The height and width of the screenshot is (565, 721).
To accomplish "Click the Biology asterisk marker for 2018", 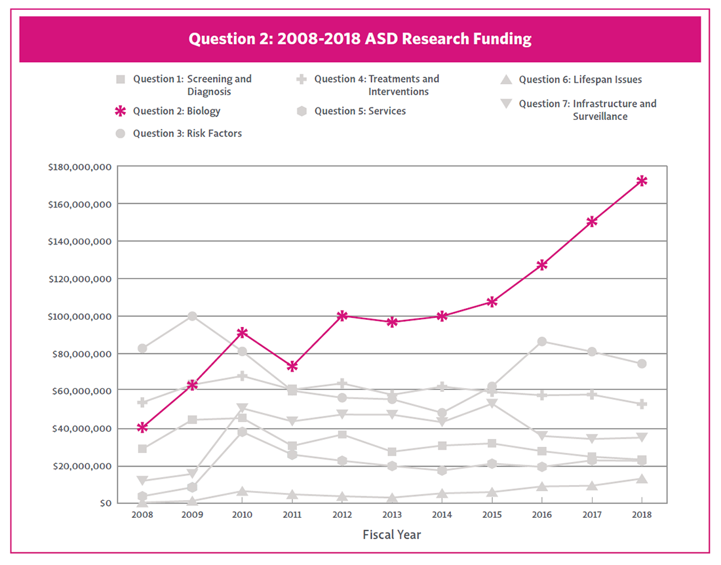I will (x=642, y=181).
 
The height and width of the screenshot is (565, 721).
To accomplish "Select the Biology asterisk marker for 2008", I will (x=142, y=427).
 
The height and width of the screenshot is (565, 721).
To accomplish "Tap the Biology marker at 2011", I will (x=292, y=366).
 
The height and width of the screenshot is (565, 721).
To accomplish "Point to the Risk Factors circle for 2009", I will (x=192, y=316).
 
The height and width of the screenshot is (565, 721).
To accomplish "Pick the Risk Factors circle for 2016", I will (x=542, y=341).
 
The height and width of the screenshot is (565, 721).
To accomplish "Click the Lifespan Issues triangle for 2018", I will (x=642, y=478).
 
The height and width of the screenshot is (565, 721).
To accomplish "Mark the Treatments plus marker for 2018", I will (x=642, y=404).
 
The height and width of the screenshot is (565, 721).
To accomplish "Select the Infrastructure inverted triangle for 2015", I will (x=492, y=403).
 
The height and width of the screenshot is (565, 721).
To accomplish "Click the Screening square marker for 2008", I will (x=142, y=449).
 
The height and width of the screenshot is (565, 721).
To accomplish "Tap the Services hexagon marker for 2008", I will (x=142, y=496).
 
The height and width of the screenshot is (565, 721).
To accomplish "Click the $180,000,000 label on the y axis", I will (x=79, y=167).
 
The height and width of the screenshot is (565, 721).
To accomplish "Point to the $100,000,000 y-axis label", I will (x=79, y=317).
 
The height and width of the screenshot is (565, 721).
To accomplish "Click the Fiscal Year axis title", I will (x=392, y=535).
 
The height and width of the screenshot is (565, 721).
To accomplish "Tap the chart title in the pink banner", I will (x=360, y=39).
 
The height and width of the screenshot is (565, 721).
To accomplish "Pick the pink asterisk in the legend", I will (x=120, y=111).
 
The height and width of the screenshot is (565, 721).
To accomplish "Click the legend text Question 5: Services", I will (x=360, y=111).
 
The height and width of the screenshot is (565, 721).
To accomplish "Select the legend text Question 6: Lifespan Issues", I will (x=580, y=80).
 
